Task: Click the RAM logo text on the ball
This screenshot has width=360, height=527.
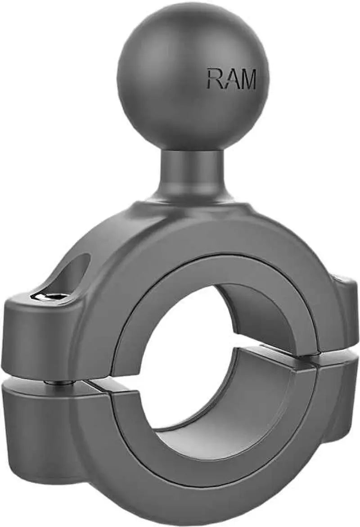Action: coord(231,79)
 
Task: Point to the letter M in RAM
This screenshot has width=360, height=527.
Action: coord(247,79)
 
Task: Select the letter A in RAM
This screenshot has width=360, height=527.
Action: coord(230,79)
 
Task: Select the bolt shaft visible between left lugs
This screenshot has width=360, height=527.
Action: coord(61,383)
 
